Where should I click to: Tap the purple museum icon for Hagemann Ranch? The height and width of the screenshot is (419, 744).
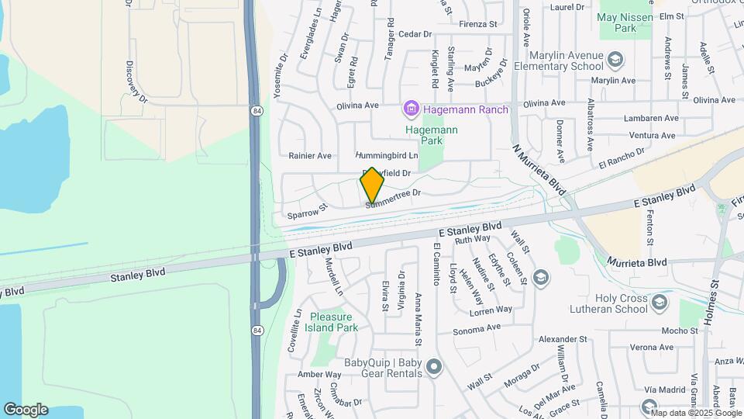point(410,109)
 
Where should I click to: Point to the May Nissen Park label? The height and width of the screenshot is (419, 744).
point(628,23)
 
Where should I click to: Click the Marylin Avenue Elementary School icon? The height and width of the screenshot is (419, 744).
point(615,60)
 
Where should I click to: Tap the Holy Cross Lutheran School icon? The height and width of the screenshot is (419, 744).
point(659,303)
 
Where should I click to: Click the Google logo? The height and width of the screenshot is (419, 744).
point(26,410)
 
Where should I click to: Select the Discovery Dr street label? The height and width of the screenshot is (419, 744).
point(136,82)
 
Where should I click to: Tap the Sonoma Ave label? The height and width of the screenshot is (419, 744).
point(477,328)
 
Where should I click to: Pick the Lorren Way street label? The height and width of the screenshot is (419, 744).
point(492,310)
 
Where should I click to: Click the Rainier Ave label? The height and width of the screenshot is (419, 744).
point(310,156)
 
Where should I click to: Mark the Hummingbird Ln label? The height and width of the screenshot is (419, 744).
point(386,156)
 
